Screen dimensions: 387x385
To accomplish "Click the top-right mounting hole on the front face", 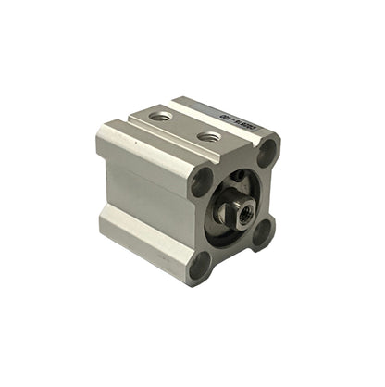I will [x=267, y=152].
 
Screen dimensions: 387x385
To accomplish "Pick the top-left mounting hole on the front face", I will [x=201, y=182].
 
